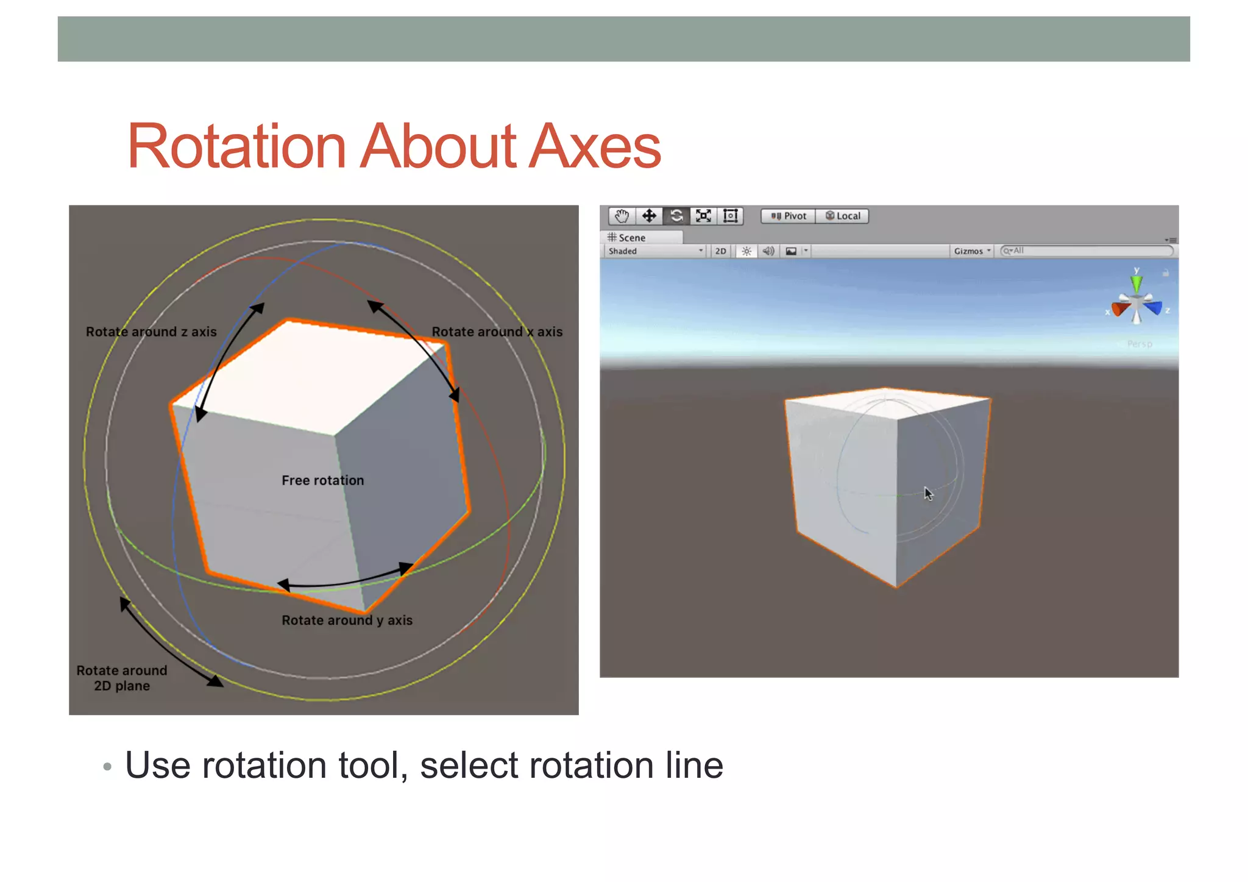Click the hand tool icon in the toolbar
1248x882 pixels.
622,216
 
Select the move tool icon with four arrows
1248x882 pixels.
649,216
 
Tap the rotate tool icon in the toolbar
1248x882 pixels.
676,216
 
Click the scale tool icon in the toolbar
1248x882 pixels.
704,216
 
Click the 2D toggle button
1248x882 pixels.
720,251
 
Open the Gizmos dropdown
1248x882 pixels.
972,251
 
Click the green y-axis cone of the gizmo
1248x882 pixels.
1136,284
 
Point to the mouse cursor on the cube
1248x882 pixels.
927,493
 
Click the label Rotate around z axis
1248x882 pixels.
151,332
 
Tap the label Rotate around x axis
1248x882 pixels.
497,332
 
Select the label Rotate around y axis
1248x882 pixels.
347,620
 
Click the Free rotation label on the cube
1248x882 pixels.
322,480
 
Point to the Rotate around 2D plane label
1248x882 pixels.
122,678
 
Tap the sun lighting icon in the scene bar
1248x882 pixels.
746,251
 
